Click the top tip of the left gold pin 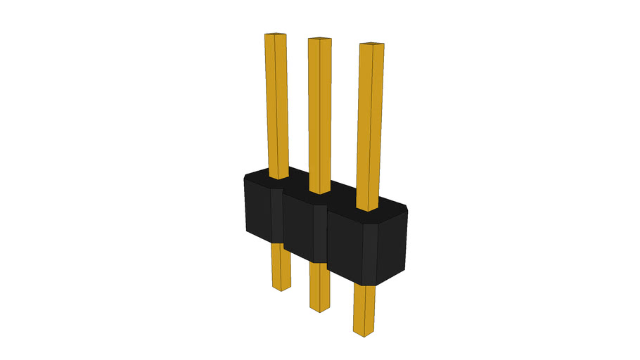275,34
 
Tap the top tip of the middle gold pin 319,39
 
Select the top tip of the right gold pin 372,46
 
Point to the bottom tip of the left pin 281,288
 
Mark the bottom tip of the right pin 364,333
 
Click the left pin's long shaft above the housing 276,105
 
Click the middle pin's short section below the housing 319,285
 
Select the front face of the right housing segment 345,246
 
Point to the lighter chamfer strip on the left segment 276,214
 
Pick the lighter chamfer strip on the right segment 369,253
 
